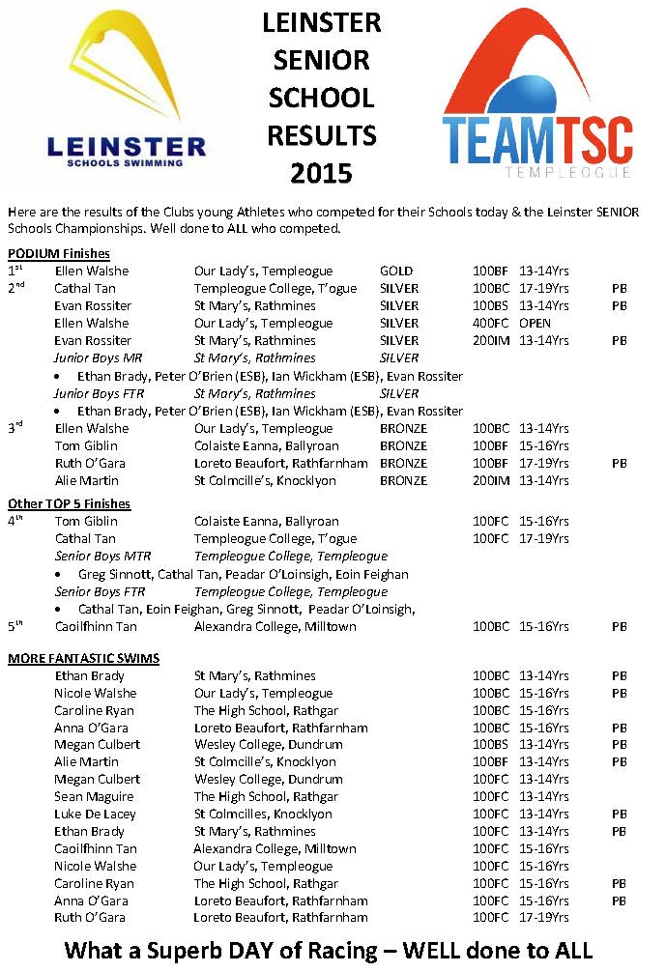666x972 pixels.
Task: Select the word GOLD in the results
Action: pyautogui.click(x=396, y=272)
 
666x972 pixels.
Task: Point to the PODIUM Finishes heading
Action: pyautogui.click(x=59, y=253)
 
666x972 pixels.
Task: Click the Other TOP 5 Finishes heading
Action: pyautogui.click(x=69, y=503)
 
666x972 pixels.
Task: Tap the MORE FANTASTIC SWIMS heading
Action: pyautogui.click(x=84, y=658)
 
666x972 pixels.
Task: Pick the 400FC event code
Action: pyautogui.click(x=492, y=324)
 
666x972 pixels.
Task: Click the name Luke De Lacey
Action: pyautogui.click(x=96, y=815)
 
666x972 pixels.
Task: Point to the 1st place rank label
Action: pyautogui.click(x=14, y=271)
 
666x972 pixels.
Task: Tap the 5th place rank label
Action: pyautogui.click(x=15, y=626)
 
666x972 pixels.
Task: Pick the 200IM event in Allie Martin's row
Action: pyautogui.click(x=491, y=480)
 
